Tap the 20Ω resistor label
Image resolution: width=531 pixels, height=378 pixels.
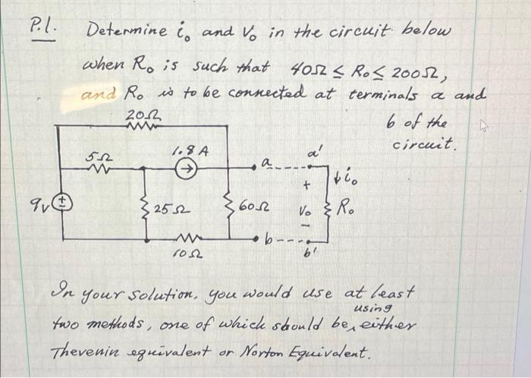pyautogui.click(x=138, y=114)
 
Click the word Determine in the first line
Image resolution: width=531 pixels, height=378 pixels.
pyautogui.click(x=124, y=33)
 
